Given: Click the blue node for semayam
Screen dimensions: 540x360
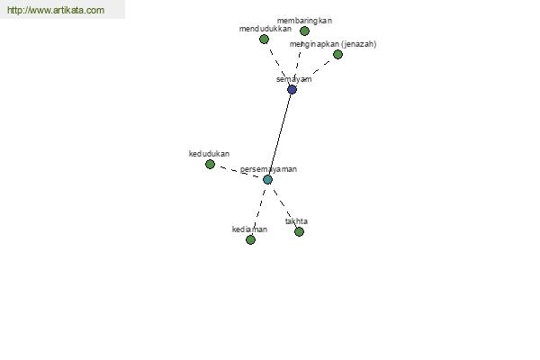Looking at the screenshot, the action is pos(292,90).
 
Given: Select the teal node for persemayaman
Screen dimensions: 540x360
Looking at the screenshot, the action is pos(267,179).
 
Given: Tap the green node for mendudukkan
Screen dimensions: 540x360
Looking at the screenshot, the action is pos(264,40).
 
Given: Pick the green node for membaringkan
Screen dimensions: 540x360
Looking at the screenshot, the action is pos(304,31).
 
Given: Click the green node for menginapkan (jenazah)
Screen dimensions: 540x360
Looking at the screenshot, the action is pos(337,54).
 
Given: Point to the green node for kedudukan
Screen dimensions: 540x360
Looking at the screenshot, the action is pos(210,165).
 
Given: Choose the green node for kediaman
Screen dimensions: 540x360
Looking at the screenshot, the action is pos(250,239).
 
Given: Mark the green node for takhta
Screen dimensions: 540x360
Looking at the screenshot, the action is pos(300,231).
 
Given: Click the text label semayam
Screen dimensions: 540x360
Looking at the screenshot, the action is pos(293,79).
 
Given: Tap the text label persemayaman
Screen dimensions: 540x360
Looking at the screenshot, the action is pos(268,169).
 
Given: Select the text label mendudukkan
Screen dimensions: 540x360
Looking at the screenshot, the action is pos(265,29).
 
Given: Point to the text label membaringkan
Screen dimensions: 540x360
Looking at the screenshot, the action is pos(304,21).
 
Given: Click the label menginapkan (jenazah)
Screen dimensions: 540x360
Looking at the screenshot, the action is pos(333,44).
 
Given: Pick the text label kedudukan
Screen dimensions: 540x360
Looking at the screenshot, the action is pos(209,154).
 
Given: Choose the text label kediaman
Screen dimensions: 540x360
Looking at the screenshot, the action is pos(249,229).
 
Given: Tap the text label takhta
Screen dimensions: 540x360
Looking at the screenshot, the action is pos(296,221).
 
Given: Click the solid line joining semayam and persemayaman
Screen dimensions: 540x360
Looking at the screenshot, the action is pos(280,134).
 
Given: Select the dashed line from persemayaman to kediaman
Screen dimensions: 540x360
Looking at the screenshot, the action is pos(259,210).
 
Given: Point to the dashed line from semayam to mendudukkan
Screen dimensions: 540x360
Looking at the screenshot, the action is pos(277,65).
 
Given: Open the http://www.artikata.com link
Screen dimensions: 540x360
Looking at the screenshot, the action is pos(56,10).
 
